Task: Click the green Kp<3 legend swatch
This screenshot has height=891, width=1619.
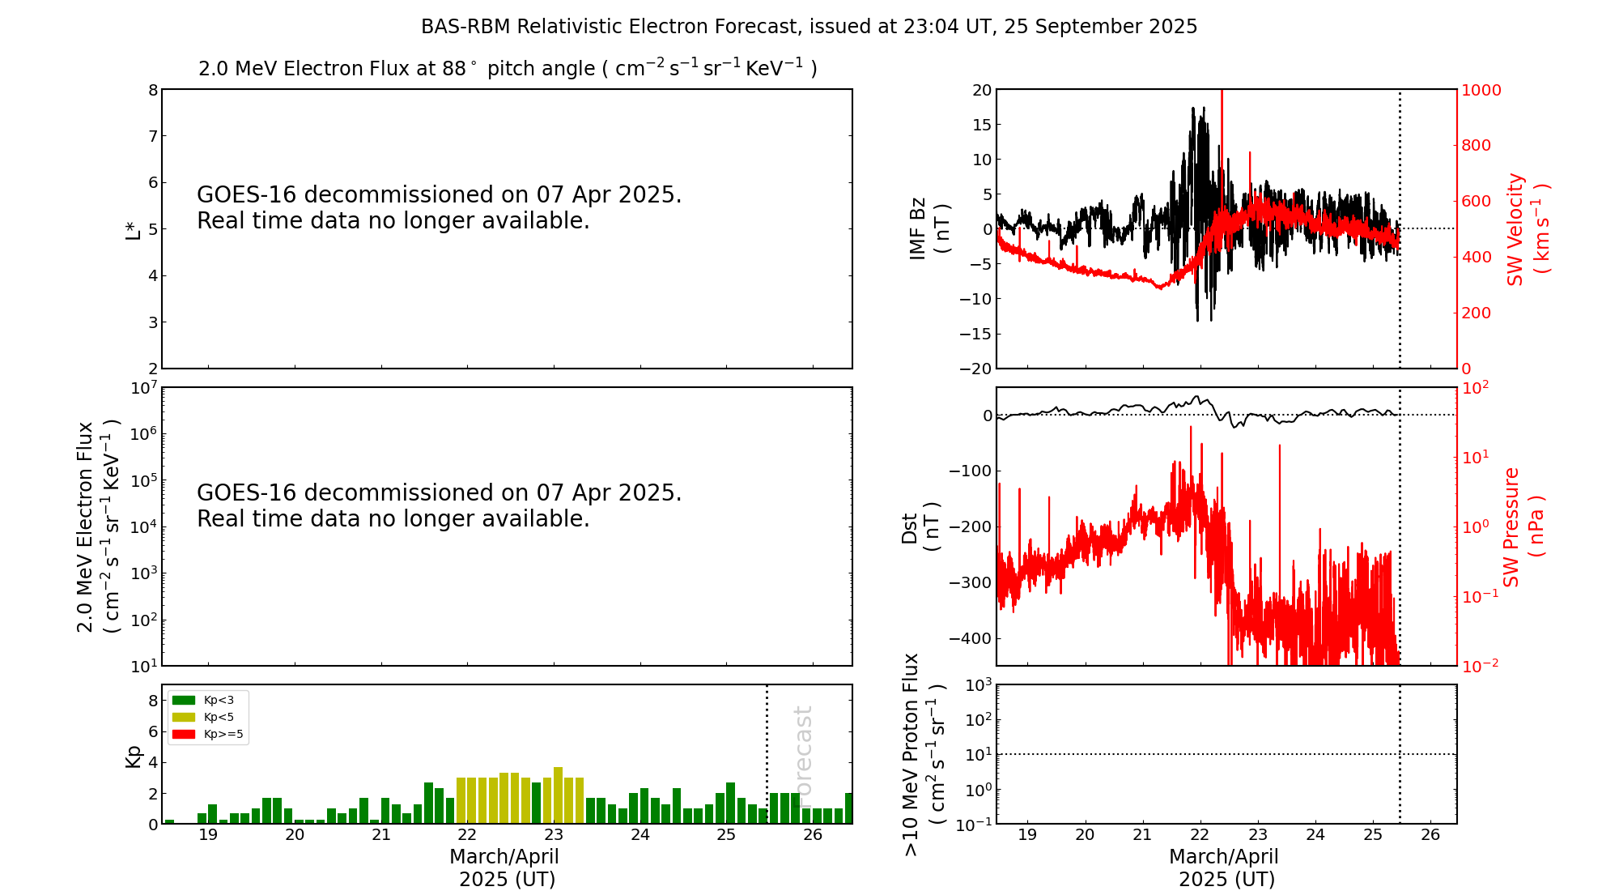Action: click(184, 700)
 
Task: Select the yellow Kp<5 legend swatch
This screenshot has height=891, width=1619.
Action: click(184, 717)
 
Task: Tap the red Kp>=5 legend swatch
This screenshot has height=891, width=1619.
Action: click(184, 735)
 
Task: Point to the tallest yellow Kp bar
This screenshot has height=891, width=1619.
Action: click(558, 795)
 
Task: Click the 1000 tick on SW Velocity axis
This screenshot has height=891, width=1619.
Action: click(1481, 90)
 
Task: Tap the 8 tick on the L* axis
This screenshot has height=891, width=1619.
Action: click(153, 90)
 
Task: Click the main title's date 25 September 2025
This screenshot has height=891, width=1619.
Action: click(1100, 27)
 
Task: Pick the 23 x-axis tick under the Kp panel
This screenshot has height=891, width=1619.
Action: click(554, 835)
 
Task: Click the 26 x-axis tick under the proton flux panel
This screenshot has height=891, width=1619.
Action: click(1430, 835)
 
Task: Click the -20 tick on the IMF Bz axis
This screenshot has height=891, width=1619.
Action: click(975, 369)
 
